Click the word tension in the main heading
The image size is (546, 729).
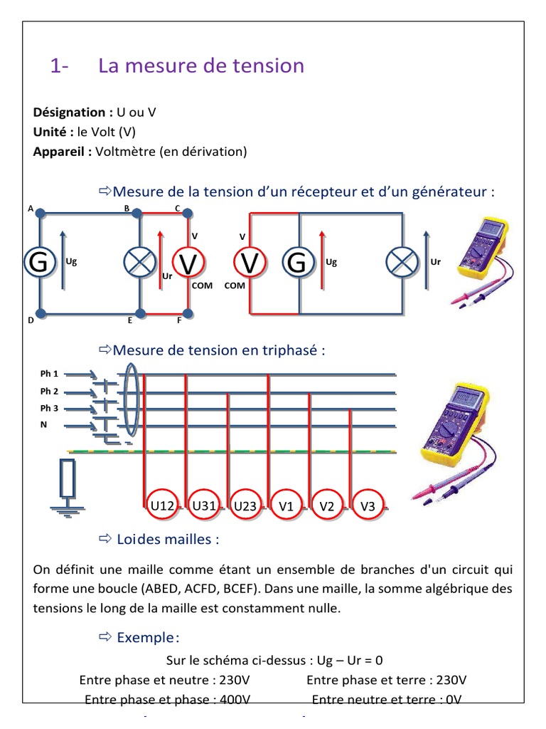pos(269,65)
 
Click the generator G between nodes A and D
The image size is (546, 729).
pos(40,263)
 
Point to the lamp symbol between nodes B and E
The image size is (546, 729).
pos(139,263)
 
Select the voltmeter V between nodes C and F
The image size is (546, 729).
pos(188,263)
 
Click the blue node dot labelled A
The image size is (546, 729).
pos(41,212)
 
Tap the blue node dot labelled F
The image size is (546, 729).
pos(188,313)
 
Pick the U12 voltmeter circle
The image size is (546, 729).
pos(163,506)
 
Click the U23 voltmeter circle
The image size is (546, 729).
pos(245,506)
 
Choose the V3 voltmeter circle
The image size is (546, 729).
pos(368,506)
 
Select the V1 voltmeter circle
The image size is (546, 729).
pos(287,506)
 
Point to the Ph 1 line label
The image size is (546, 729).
pos(50,374)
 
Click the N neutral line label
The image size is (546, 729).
pos(44,426)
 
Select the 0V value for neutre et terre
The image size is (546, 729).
pos(454,699)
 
